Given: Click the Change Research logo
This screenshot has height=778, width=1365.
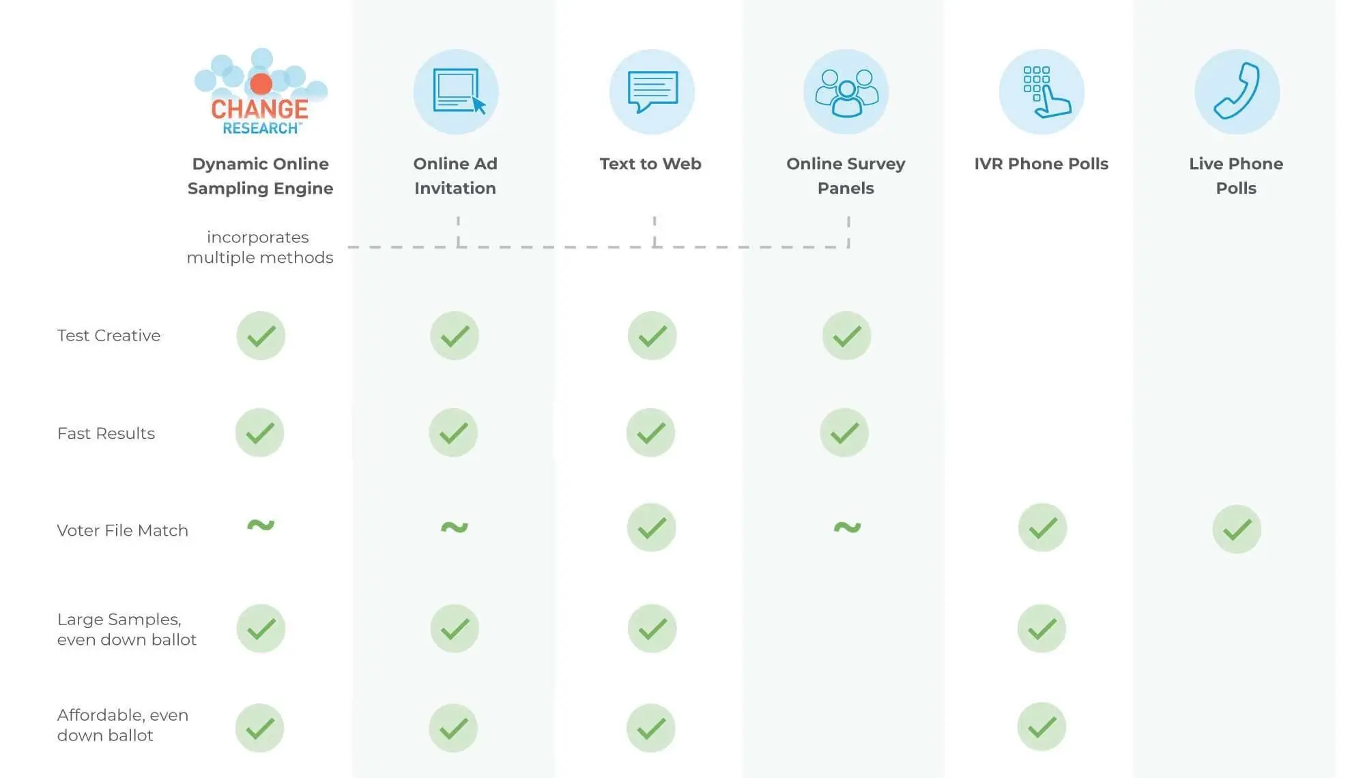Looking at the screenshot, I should (260, 92).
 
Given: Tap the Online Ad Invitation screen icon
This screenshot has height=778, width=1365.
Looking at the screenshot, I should (456, 91).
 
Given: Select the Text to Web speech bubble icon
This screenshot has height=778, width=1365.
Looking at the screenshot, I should (652, 91).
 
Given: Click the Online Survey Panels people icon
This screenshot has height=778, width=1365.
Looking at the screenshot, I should (846, 91).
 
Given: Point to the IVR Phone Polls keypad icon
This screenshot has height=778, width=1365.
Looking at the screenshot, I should (1041, 91).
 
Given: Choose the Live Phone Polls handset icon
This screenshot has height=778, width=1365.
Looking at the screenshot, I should (1237, 91).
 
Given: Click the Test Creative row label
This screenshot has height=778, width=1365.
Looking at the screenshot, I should (109, 335).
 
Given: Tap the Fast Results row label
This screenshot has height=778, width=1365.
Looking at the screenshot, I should (106, 433).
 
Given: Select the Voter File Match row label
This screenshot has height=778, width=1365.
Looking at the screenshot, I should (122, 530).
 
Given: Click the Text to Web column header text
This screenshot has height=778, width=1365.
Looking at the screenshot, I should (650, 164).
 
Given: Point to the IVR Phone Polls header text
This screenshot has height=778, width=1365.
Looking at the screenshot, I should (1041, 164).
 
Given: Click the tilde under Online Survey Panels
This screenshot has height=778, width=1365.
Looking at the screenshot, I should (847, 527).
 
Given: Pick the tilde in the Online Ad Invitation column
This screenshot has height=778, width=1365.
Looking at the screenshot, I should (455, 527).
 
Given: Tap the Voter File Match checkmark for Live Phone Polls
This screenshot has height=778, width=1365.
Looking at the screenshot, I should (1237, 529).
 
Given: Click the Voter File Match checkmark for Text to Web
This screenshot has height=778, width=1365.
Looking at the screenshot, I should (652, 528).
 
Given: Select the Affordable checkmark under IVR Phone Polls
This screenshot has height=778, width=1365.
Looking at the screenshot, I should (1041, 727).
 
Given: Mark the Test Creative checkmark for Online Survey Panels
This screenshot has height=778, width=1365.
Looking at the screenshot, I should (846, 336).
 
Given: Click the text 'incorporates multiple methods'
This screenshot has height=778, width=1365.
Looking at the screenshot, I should (259, 247).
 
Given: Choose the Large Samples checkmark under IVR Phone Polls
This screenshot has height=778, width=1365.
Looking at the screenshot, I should (1041, 629).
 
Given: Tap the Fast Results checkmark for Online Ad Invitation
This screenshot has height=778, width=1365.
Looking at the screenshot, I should (453, 433).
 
